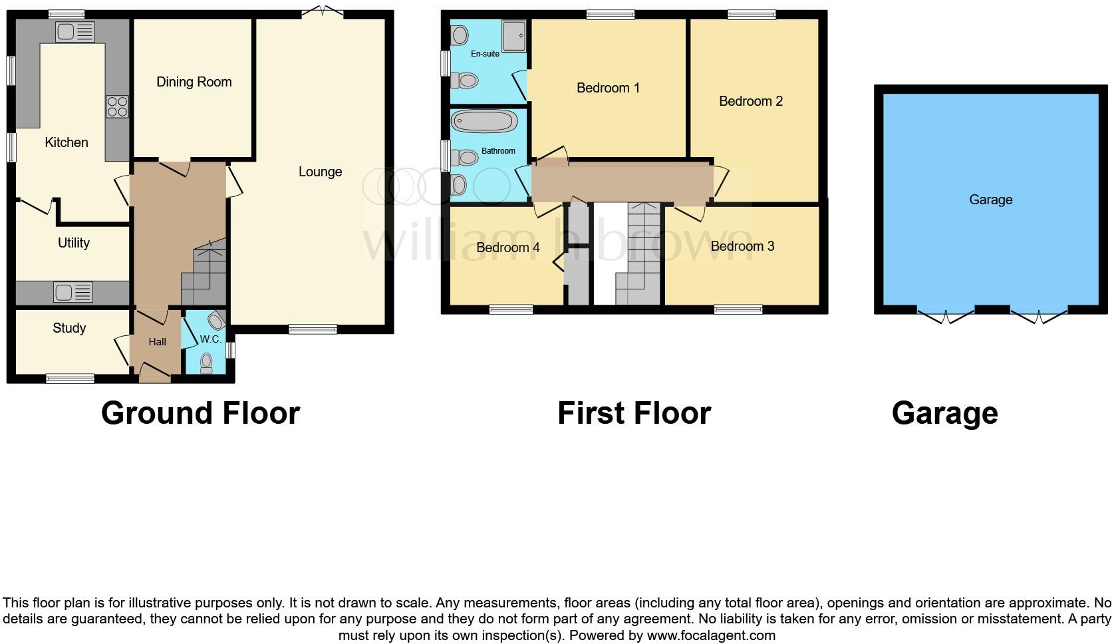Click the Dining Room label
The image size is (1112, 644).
[194, 82]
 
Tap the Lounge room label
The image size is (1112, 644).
[320, 172]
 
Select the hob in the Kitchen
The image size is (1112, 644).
[117, 107]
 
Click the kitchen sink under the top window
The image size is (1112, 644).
[75, 31]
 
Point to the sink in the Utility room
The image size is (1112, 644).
[73, 292]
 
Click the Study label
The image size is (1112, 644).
[69, 328]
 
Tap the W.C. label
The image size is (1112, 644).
[210, 339]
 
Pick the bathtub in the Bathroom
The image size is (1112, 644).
[484, 122]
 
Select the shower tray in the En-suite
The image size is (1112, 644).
[513, 35]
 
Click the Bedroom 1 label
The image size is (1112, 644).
[608, 88]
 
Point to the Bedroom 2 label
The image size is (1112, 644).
[751, 101]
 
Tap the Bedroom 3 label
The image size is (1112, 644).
[742, 246]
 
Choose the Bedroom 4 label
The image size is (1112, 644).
[508, 247]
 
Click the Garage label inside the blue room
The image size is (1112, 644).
[990, 200]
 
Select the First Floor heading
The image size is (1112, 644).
[634, 413]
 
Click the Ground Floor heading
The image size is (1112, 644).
[200, 413]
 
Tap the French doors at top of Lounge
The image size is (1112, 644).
[322, 11]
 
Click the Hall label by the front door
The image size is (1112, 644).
[158, 342]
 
